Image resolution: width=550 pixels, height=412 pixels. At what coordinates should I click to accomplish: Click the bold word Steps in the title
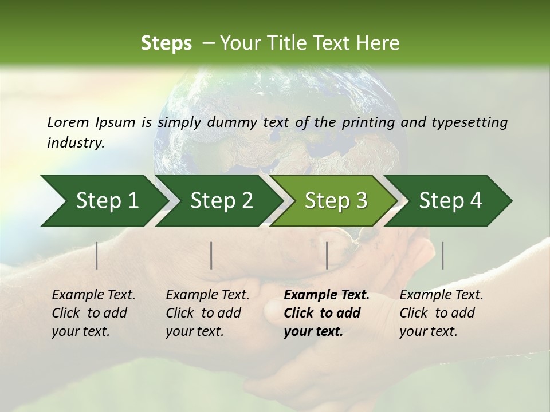[x=166, y=43]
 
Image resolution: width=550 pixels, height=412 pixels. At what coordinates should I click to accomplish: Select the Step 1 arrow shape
[x=103, y=201]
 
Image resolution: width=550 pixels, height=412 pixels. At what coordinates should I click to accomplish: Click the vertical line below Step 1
[x=97, y=255]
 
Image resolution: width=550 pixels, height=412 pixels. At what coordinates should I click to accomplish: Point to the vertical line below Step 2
[x=211, y=255]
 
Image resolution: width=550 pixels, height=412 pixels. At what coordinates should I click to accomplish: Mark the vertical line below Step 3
[x=327, y=255]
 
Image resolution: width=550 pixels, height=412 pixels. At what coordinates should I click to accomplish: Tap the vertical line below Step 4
[x=442, y=255]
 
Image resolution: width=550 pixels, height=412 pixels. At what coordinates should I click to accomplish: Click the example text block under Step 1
[x=93, y=313]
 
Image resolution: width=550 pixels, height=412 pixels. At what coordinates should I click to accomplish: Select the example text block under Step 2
[x=207, y=313]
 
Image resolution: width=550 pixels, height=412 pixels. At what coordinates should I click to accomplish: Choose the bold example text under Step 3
[x=327, y=313]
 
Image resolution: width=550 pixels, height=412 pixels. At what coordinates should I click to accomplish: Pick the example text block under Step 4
[x=441, y=313]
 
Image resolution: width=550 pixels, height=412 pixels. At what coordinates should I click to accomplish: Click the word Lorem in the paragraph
[x=68, y=122]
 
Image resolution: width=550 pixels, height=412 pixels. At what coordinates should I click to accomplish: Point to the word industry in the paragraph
[x=76, y=143]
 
